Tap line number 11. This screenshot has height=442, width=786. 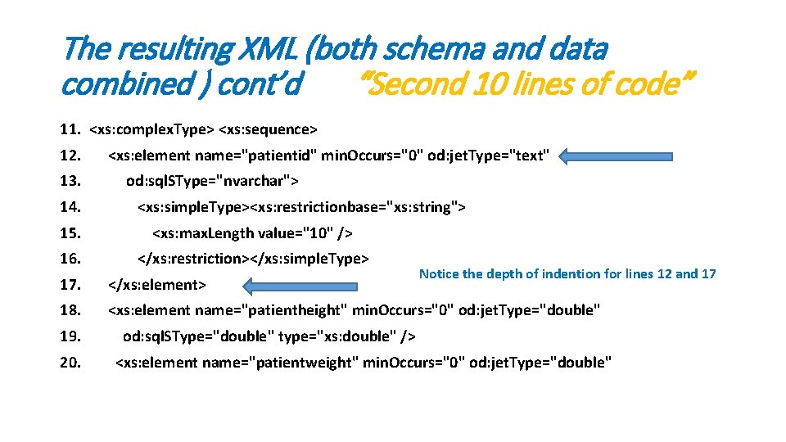click(70, 129)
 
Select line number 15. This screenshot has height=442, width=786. click(70, 233)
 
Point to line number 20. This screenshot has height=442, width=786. click(70, 363)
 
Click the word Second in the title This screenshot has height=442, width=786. click(414, 83)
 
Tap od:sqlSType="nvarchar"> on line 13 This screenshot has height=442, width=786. click(213, 181)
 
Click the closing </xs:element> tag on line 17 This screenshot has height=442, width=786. click(156, 285)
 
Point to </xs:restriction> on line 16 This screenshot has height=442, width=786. click(193, 259)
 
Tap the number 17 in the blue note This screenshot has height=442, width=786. click(709, 274)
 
